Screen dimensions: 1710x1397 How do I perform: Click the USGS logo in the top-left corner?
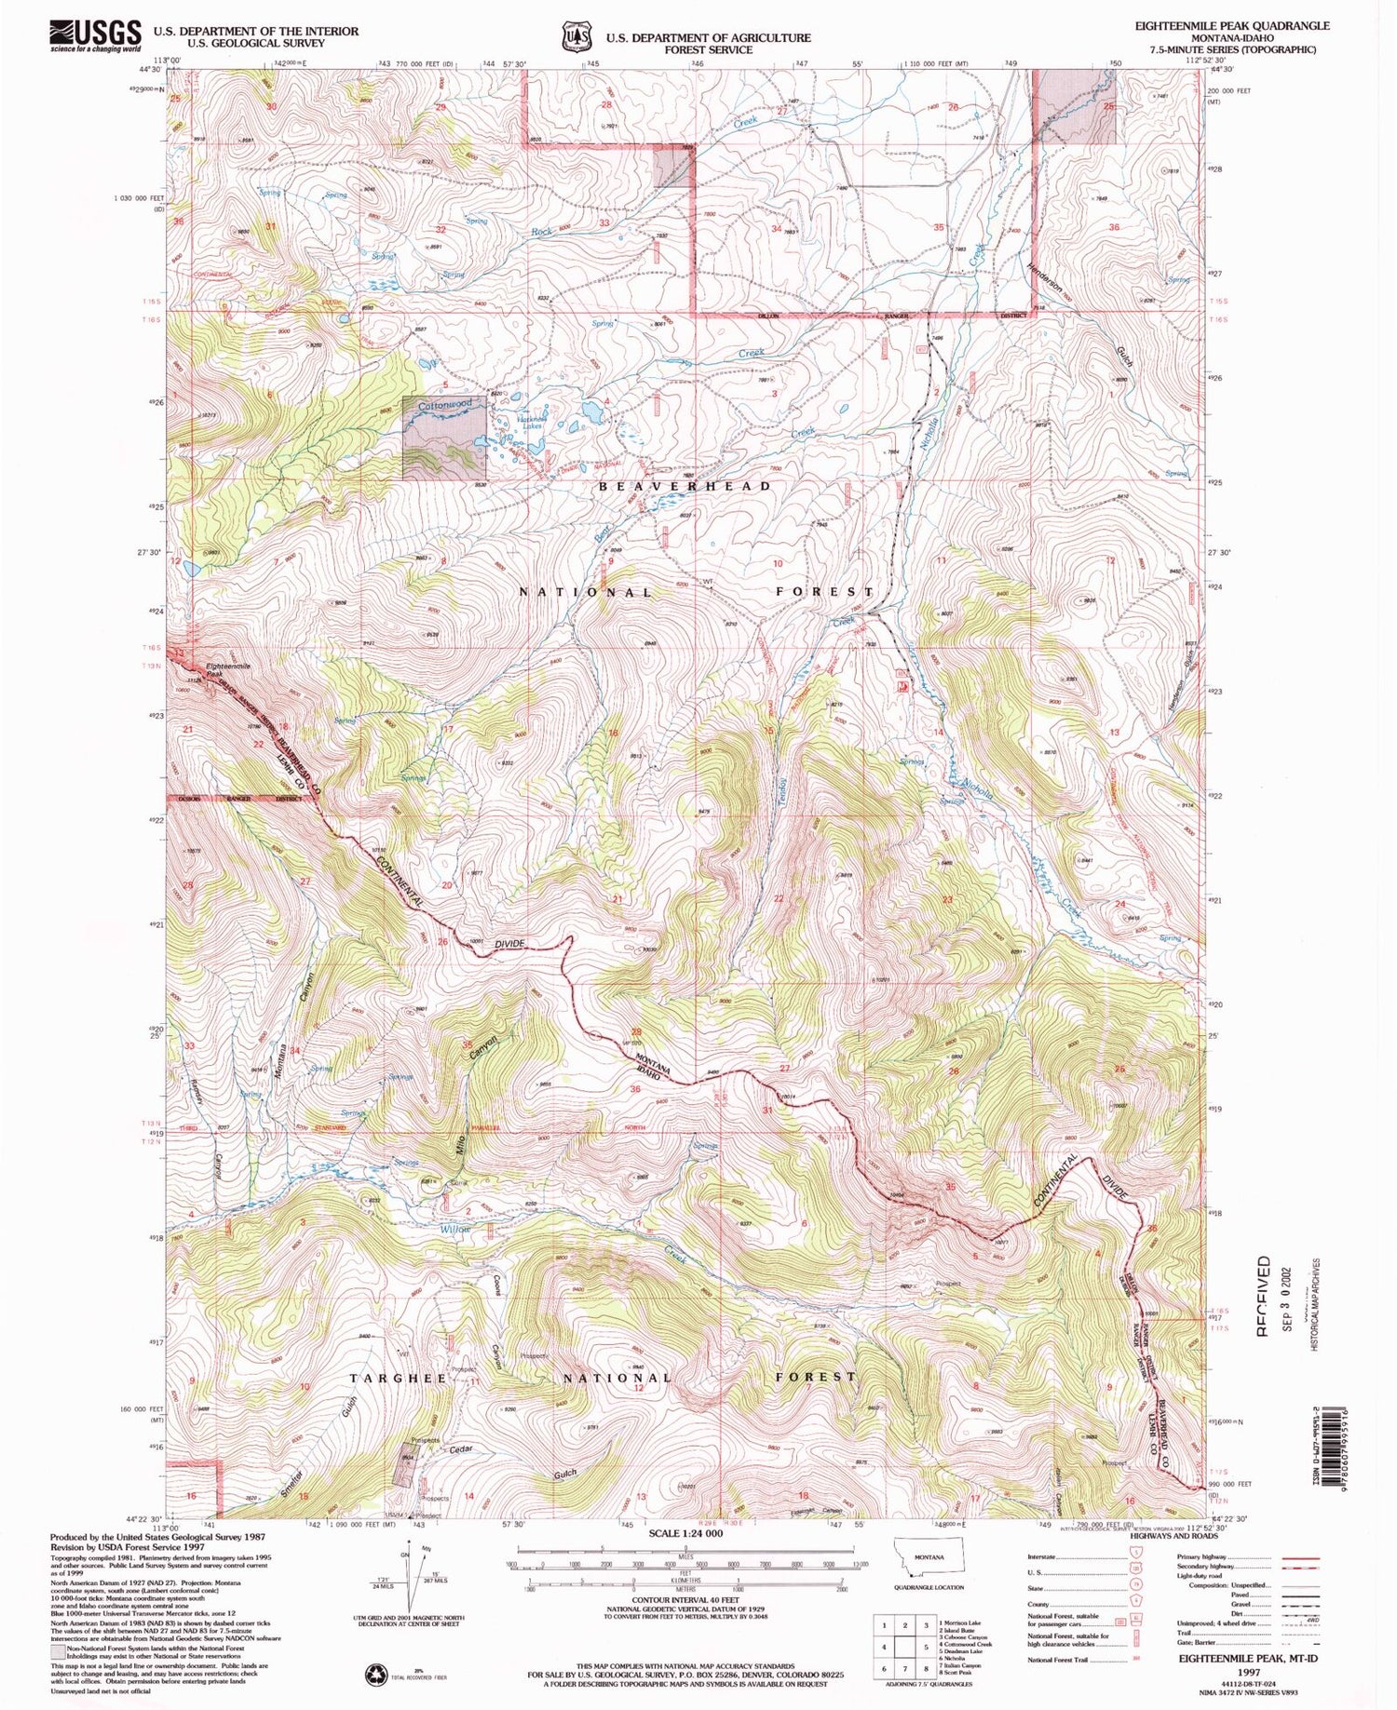pos(96,35)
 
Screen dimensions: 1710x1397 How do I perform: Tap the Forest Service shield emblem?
pos(576,36)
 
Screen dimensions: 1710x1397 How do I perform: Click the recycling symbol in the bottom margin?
pos(376,1674)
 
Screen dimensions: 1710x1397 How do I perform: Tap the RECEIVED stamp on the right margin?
pos(1264,1294)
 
